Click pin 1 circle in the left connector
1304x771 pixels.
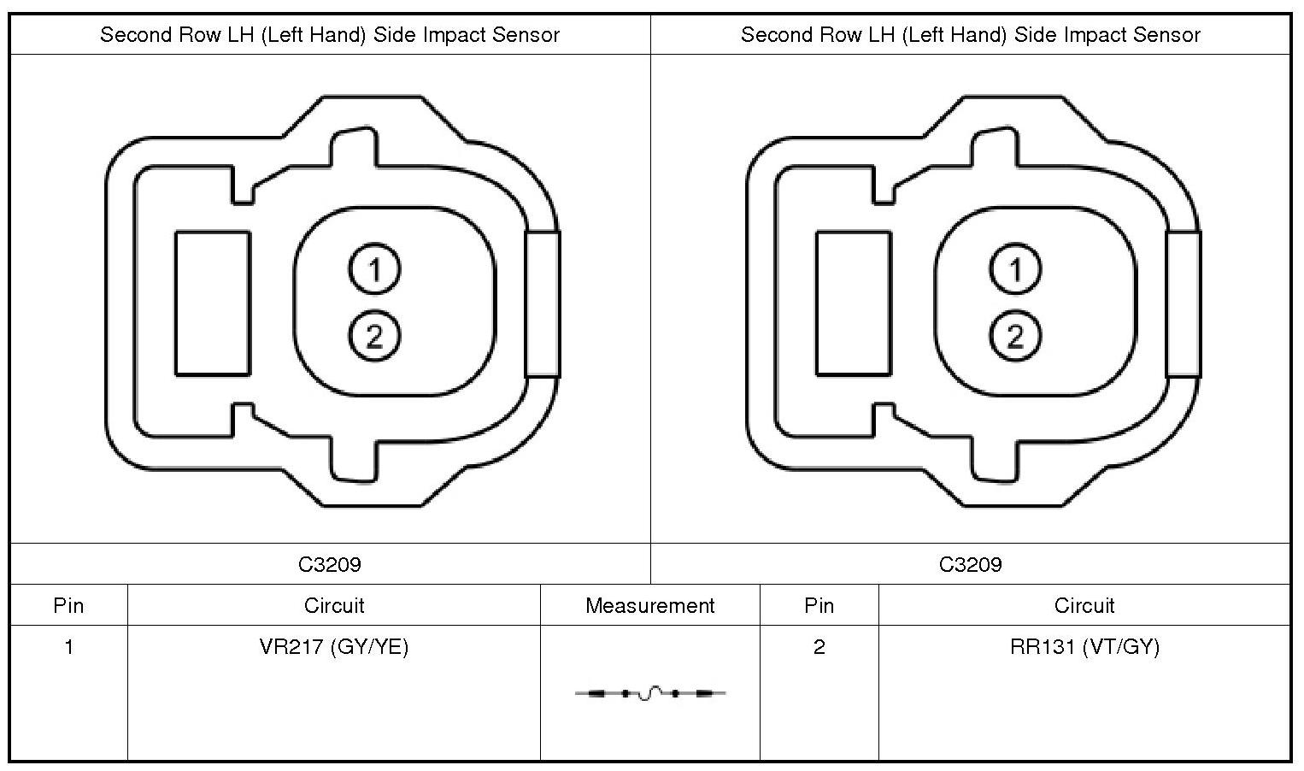coord(374,269)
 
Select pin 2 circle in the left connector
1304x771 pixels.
coord(374,336)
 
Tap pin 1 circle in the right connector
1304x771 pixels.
coord(1015,269)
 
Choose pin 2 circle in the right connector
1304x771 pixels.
coord(1015,336)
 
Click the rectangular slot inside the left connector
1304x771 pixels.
coord(213,303)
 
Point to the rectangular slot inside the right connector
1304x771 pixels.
coord(854,303)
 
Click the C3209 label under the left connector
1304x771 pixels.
coord(330,564)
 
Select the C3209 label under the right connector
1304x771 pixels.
coord(971,564)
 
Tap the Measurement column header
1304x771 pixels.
coord(649,606)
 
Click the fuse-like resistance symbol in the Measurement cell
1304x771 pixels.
coord(650,693)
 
